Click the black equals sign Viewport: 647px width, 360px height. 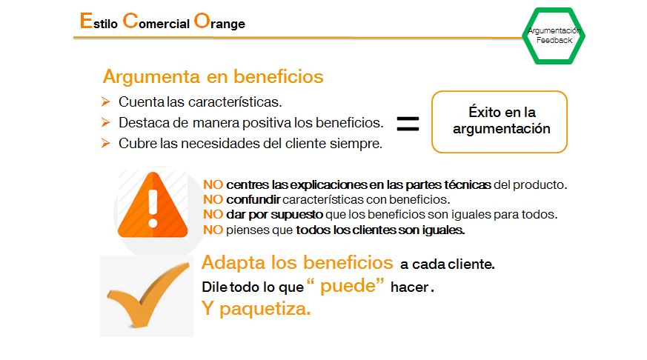coord(408,124)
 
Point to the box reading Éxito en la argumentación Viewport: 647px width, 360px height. coord(500,92)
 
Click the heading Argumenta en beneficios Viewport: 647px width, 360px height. coord(213,76)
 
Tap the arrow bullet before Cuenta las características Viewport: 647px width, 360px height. coord(106,101)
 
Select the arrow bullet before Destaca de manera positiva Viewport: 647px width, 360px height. coord(106,122)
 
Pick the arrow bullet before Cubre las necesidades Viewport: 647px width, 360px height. coord(106,143)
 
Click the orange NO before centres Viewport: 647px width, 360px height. coord(213,184)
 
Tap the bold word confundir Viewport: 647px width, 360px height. coord(253,199)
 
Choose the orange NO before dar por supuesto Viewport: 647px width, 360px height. coord(213,214)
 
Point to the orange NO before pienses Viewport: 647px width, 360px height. coord(213,230)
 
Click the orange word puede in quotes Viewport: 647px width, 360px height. coord(348,286)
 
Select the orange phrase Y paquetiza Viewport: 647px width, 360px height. coord(256,308)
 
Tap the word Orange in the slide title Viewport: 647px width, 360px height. coord(219,21)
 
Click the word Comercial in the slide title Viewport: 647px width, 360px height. coord(156,21)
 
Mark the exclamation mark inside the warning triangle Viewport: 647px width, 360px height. coord(153,209)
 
